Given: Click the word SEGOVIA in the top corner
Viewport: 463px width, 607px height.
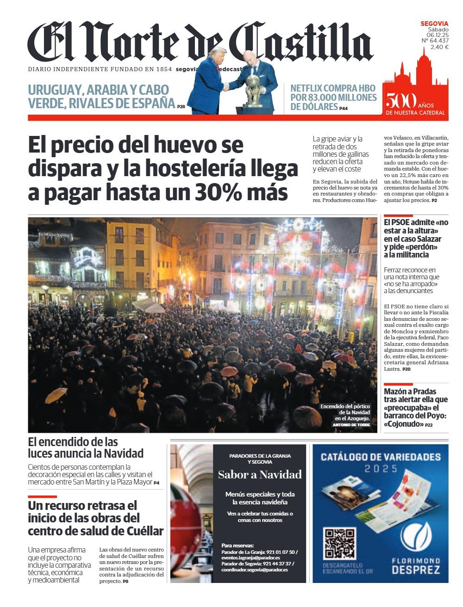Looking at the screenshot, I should [x=434, y=24].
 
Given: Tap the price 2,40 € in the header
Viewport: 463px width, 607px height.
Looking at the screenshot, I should [x=439, y=47].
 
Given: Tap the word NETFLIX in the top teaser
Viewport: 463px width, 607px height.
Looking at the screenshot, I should [x=309, y=88].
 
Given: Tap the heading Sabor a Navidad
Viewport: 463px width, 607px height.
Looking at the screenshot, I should [x=260, y=474].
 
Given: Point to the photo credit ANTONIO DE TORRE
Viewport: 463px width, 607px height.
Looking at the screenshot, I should [x=351, y=424].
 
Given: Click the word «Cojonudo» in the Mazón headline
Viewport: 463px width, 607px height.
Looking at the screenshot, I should [x=403, y=424].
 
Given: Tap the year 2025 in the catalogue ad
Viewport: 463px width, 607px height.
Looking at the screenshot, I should [x=380, y=469].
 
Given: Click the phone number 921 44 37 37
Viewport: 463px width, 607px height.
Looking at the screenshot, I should [x=277, y=564].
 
